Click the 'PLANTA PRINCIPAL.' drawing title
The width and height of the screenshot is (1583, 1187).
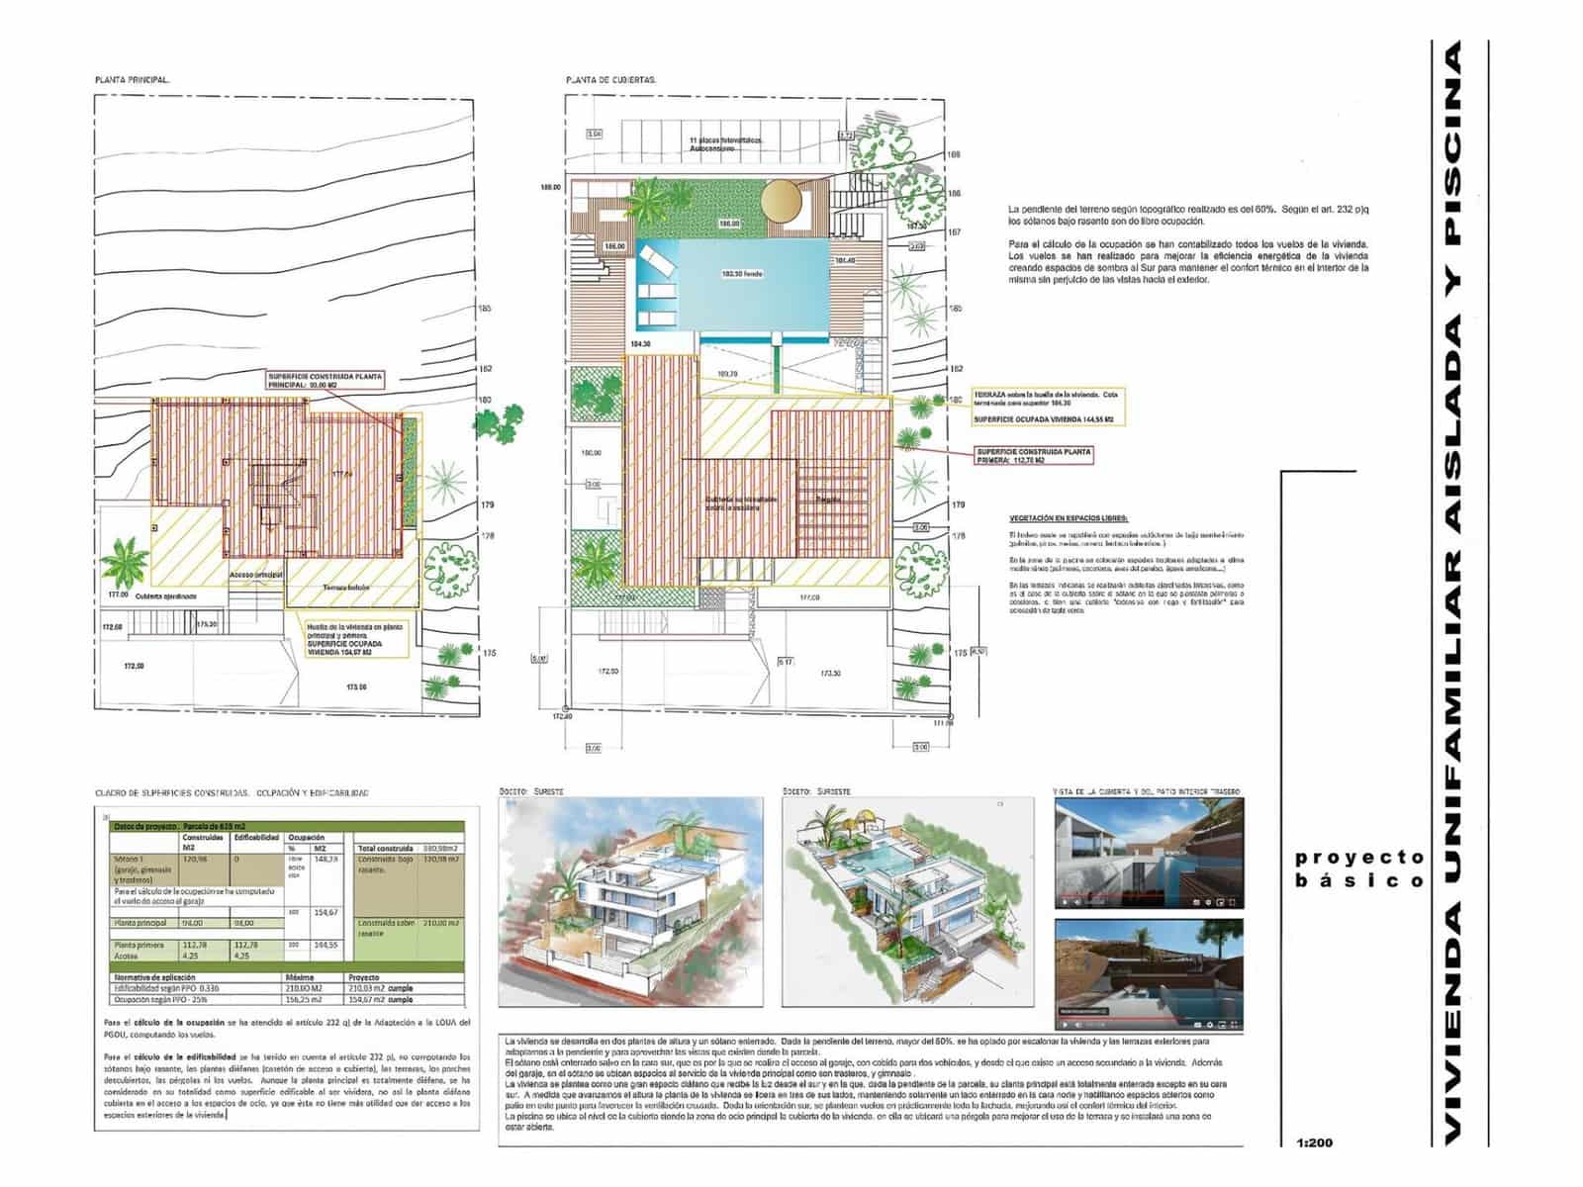[x=133, y=79]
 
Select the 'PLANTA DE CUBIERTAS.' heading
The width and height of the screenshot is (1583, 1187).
[x=611, y=79]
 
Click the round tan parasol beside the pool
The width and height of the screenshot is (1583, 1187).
[x=782, y=201]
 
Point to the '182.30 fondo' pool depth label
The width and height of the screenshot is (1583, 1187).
[x=733, y=274]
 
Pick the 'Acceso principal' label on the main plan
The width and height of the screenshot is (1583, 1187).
[x=256, y=574]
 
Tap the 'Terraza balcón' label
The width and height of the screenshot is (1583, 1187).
[x=345, y=588]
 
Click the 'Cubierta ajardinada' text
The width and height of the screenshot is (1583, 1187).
[x=166, y=596]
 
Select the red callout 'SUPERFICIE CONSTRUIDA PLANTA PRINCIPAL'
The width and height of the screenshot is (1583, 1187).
[x=325, y=382]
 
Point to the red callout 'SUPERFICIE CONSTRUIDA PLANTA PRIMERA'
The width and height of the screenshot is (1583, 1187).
[x=1034, y=455]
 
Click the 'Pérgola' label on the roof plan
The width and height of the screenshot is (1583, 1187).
[x=829, y=500]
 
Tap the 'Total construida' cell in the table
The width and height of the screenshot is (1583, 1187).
[x=385, y=849]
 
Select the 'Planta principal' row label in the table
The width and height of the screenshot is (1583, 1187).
[x=139, y=923]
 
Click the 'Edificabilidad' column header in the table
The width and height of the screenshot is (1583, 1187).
[x=256, y=838]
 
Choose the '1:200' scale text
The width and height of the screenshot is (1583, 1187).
[x=1314, y=1142]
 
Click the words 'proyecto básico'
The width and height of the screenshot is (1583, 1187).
[x=1359, y=868]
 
